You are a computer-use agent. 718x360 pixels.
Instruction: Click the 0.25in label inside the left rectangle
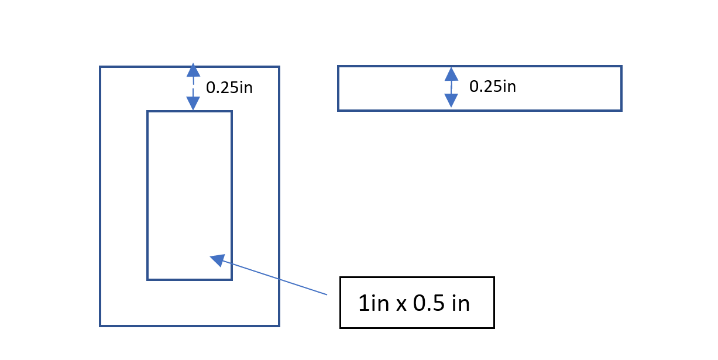click(229, 88)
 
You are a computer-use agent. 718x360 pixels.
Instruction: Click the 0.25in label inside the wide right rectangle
click(493, 87)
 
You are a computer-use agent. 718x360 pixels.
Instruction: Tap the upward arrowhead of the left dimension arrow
click(193, 70)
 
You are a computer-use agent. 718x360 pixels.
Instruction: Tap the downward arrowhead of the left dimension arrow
click(193, 104)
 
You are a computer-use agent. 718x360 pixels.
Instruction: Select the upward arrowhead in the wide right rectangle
click(451, 74)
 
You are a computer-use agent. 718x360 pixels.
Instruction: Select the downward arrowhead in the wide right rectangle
click(451, 101)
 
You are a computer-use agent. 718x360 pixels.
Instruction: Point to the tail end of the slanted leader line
click(327, 294)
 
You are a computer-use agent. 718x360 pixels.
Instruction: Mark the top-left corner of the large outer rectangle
click(101, 67)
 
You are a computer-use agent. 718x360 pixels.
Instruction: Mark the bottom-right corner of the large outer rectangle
click(279, 325)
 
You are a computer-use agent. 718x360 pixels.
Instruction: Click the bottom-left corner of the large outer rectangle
click(101, 325)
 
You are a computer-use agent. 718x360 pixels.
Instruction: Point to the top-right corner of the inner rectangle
click(231, 112)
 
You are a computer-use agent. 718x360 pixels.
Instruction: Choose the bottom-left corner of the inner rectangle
click(148, 279)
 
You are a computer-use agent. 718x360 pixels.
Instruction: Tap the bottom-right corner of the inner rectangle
click(231, 279)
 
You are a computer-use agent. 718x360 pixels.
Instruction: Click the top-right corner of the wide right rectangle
click(621, 67)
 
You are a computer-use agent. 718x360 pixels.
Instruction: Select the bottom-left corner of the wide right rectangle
click(339, 109)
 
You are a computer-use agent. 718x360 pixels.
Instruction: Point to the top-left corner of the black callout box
click(341, 277)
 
